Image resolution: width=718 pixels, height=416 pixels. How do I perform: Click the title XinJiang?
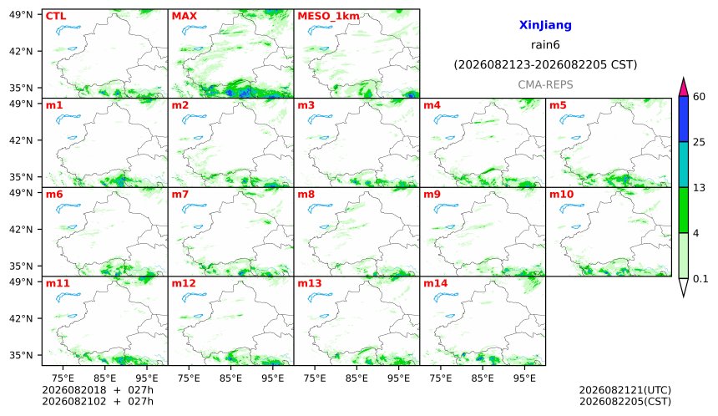click(545, 25)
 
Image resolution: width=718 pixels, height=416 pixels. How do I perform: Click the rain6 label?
click(545, 45)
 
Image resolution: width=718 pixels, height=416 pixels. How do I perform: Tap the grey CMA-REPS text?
click(545, 84)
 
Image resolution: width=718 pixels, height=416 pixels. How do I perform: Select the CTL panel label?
click(56, 16)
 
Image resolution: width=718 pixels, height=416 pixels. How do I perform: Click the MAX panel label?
click(184, 16)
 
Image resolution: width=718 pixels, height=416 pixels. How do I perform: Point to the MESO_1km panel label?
click(328, 17)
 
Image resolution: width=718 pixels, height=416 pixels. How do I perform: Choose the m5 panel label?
click(558, 105)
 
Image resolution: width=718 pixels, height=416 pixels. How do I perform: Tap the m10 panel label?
click(561, 195)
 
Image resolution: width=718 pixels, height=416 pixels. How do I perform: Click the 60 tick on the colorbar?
click(700, 97)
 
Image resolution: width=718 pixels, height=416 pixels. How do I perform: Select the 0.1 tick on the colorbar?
click(700, 278)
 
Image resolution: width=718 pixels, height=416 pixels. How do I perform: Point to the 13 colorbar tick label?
click(699, 188)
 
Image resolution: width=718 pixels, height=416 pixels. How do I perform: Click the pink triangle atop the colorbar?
click(683, 87)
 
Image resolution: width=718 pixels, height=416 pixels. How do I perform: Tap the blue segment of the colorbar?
click(683, 119)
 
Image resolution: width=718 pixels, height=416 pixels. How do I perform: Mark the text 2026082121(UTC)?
click(625, 390)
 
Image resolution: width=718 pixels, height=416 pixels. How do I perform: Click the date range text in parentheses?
click(545, 64)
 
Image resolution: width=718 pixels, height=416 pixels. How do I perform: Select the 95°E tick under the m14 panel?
click(524, 378)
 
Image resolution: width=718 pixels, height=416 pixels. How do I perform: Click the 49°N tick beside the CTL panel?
click(21, 15)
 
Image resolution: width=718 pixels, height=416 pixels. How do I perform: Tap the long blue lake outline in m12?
click(195, 297)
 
